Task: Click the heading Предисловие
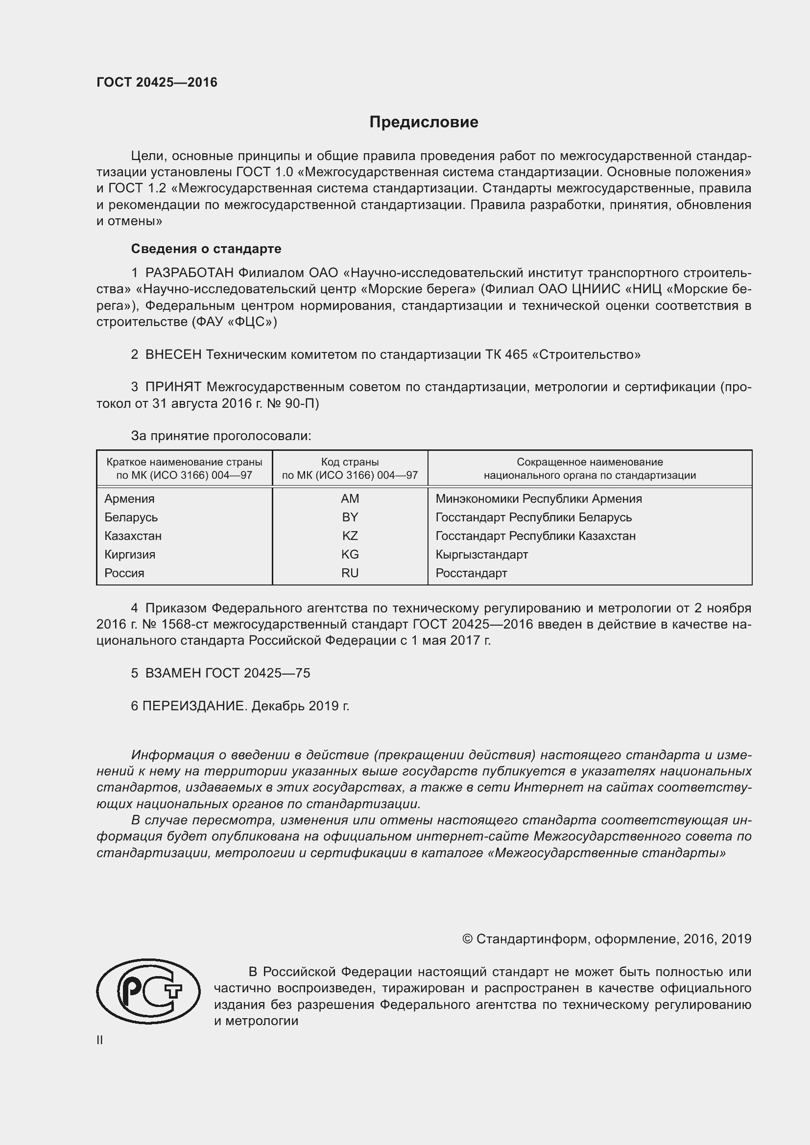(424, 122)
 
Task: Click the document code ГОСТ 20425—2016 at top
(157, 82)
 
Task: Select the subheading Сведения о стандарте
(206, 248)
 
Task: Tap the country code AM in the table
(350, 499)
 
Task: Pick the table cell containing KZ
(350, 536)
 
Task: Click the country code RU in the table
(350, 573)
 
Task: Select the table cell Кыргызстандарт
(481, 555)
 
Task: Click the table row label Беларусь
(131, 517)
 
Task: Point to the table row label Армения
(129, 499)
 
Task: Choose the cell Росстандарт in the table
(471, 573)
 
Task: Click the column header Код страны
(350, 462)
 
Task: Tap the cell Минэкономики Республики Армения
(538, 499)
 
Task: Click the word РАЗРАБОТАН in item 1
(189, 273)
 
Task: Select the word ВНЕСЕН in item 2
(173, 354)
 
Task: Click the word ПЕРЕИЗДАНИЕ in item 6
(194, 706)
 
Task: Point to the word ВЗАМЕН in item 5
(173, 673)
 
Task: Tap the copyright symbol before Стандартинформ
(467, 939)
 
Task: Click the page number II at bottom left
(100, 1040)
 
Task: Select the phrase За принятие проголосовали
(220, 436)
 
